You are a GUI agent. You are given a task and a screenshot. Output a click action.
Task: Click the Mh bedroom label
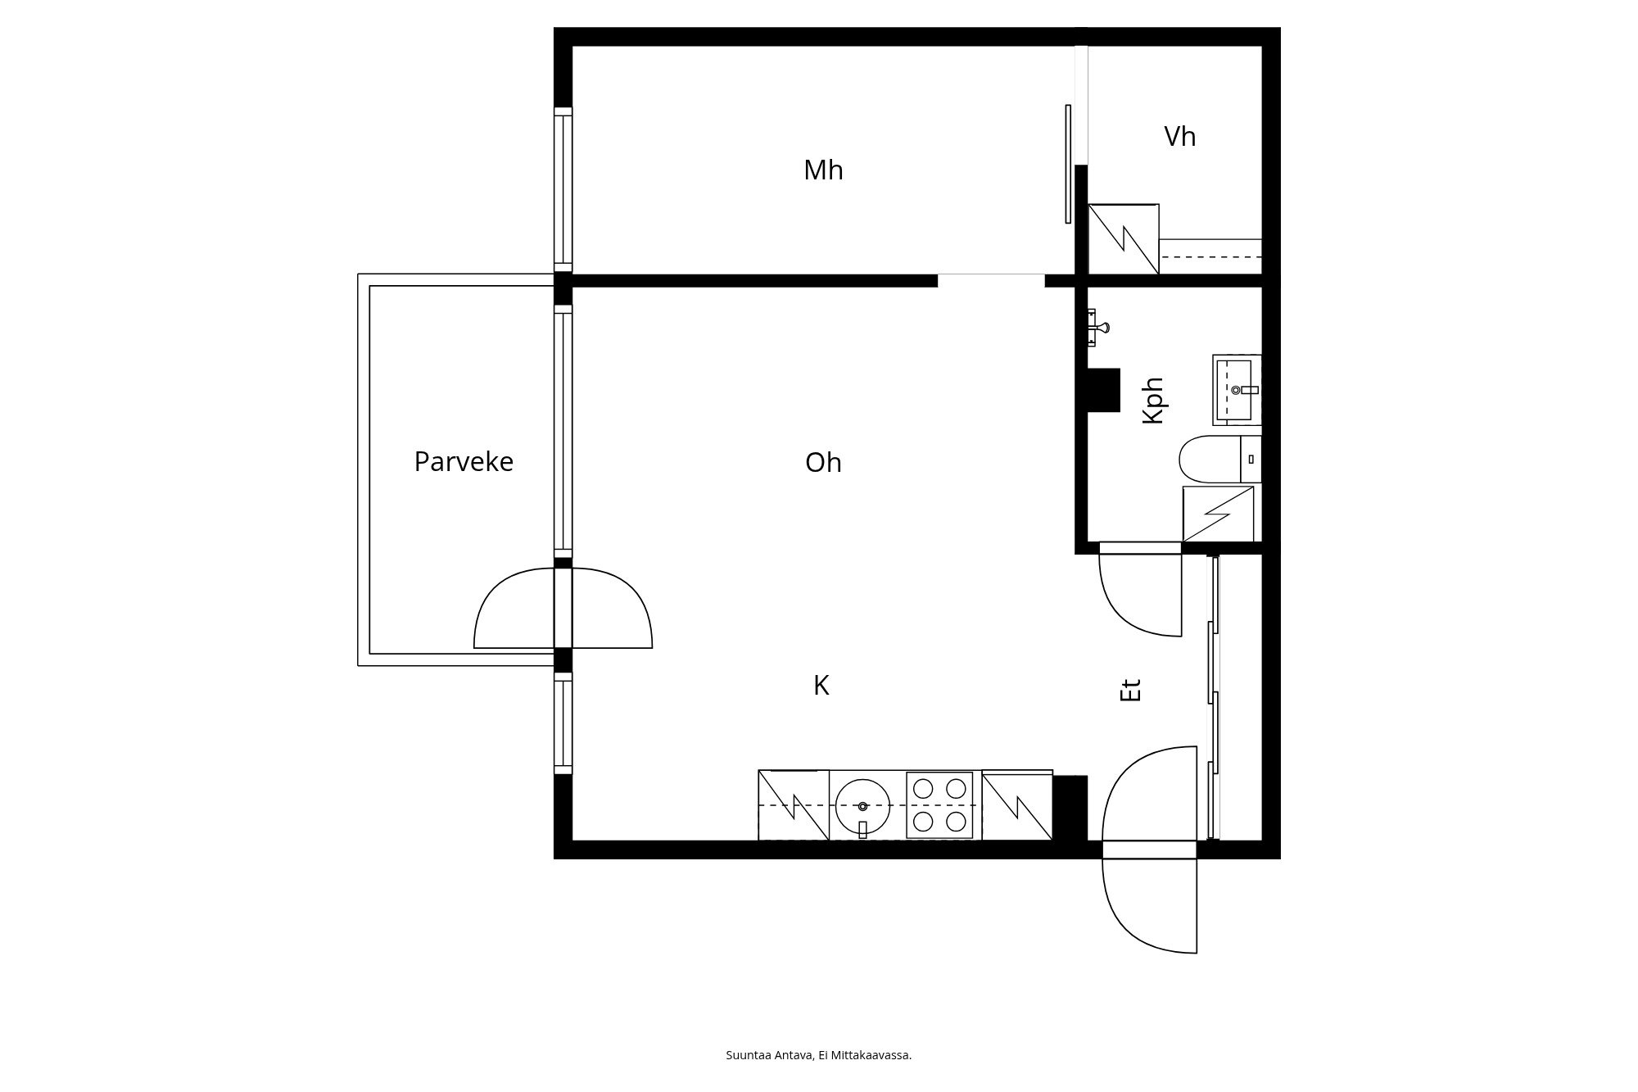click(x=823, y=170)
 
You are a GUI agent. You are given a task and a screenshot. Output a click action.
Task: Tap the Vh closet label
click(x=1180, y=136)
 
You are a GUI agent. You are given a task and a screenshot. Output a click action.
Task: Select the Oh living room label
click(x=823, y=463)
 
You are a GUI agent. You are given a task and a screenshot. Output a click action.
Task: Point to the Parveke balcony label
click(x=464, y=462)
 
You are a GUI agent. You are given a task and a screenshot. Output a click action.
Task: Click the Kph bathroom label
click(x=1153, y=400)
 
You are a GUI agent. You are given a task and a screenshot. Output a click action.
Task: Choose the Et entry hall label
click(x=1130, y=690)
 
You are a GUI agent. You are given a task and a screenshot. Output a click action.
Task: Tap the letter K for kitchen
click(x=821, y=686)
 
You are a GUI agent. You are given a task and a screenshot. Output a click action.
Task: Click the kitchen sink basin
click(x=863, y=806)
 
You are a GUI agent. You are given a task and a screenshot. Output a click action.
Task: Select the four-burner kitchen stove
click(x=939, y=804)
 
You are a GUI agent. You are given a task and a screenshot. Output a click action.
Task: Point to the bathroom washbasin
click(x=1237, y=390)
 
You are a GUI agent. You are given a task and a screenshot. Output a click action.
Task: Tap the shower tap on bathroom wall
click(x=1098, y=328)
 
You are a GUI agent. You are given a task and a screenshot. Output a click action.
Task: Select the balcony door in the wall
click(x=563, y=608)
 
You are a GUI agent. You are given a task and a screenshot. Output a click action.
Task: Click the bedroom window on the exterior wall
click(x=563, y=189)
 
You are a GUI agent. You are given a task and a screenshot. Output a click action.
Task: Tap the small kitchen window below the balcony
click(x=563, y=723)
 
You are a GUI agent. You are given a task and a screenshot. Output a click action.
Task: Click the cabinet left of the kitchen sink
click(x=794, y=804)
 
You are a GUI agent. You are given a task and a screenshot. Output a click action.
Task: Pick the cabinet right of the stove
click(x=1017, y=804)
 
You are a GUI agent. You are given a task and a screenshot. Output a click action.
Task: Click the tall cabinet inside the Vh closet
click(x=1124, y=238)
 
